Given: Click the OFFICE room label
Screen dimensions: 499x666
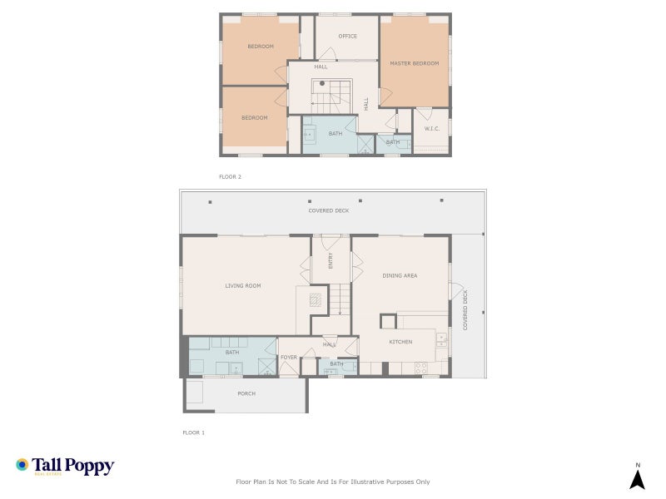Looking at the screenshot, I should pos(347,37).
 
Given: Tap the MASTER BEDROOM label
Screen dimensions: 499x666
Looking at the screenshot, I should pos(414,63).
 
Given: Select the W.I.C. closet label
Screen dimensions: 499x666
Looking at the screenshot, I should pos(432,128).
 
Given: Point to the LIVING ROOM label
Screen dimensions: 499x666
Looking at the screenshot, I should pos(242,285).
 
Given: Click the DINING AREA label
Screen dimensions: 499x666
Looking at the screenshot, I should pos(400,275).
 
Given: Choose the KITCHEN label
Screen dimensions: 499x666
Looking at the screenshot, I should pos(401,342).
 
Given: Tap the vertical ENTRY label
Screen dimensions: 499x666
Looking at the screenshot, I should pos(331,261).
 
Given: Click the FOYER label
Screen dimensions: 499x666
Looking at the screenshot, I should pos(288,358).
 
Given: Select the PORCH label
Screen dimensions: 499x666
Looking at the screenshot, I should pos(246,393).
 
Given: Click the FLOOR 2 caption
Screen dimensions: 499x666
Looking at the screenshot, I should pos(230,176).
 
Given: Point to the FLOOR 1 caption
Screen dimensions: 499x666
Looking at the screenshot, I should pos(193,432).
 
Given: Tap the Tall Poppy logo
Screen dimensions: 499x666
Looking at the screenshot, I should pos(64,467).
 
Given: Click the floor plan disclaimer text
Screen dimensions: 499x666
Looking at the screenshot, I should pos(333,482).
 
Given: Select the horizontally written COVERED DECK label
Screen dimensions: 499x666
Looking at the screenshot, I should pos(329,211).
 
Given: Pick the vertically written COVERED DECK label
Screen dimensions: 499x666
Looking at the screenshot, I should pos(465,309).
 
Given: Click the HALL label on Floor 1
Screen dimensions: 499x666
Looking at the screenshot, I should pos(330,344).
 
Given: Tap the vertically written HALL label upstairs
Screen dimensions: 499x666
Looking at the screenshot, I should pos(366,103).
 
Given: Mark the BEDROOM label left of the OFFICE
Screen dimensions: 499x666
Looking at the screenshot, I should pos(261,47).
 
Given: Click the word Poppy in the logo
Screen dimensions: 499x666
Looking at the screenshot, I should pos(92,466).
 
